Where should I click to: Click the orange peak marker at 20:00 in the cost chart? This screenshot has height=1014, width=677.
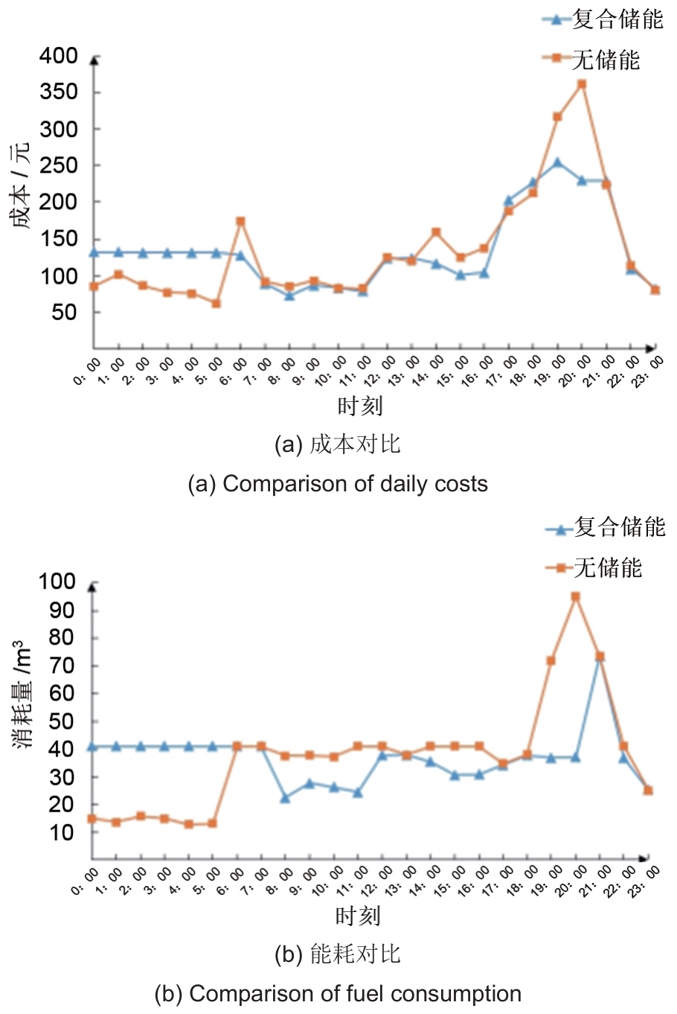[582, 84]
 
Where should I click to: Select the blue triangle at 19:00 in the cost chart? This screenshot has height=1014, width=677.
[557, 162]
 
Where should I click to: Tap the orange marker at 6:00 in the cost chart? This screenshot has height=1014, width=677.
[240, 221]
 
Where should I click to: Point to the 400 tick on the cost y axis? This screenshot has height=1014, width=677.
[59, 56]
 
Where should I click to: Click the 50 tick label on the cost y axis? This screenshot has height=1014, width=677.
[64, 313]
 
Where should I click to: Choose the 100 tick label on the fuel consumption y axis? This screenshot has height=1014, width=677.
[57, 581]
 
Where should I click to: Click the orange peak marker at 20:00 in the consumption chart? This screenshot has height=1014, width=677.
[575, 596]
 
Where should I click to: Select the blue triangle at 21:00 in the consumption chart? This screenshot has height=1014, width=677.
[600, 657]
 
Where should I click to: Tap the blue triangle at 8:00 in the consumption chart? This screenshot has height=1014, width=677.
[285, 797]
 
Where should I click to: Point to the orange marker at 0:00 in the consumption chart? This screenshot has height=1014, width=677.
[92, 818]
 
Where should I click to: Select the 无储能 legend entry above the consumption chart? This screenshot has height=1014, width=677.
[607, 568]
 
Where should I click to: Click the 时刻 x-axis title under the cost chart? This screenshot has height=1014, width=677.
[359, 406]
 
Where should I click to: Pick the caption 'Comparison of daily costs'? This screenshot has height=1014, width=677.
[355, 484]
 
